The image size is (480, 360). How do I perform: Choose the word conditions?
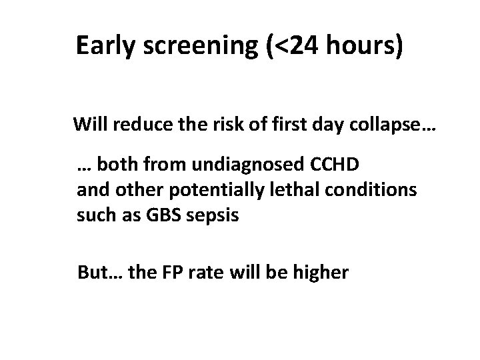(x=361, y=191)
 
